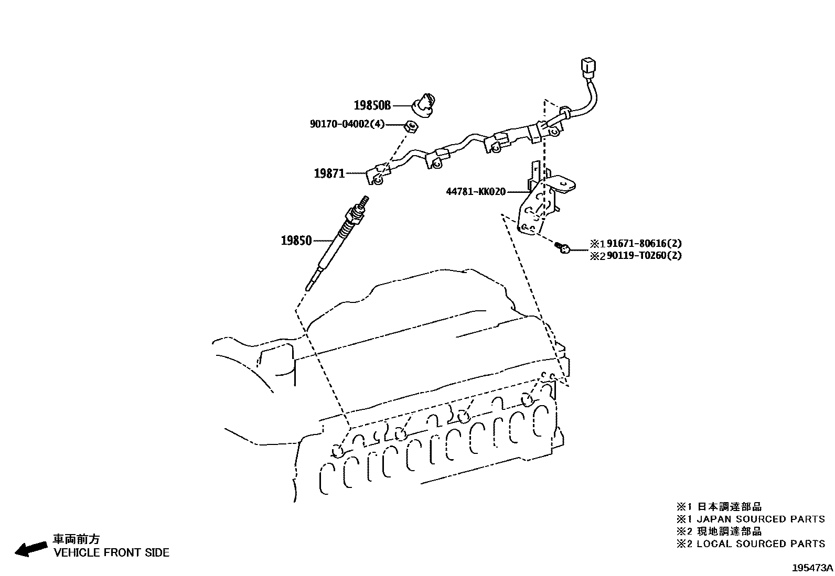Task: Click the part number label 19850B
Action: pos(372,106)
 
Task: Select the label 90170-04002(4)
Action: pos(347,124)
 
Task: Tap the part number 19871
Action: pos(329,173)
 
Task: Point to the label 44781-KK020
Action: pos(476,192)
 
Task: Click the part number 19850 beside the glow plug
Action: pos(296,241)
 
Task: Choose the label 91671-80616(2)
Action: pos(644,244)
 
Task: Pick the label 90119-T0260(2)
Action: pos(644,256)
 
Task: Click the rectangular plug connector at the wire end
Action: pos(587,69)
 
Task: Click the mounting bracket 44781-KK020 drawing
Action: pos(540,199)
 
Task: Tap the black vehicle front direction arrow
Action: pos(30,548)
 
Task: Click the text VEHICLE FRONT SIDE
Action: pos(112,552)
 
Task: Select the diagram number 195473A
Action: pos(812,568)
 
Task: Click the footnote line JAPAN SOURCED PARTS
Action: pos(761,519)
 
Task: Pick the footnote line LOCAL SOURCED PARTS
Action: pos(761,544)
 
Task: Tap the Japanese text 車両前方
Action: pos(77,539)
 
